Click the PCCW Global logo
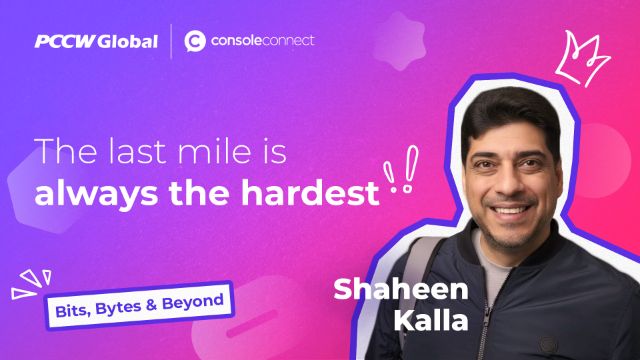pos(96,41)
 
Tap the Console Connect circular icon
pos(195,41)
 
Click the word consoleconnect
pos(262,40)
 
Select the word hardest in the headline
pos(310,192)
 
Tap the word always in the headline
pos(96,194)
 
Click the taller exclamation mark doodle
pos(410,169)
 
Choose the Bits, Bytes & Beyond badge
pos(139,305)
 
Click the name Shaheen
pos(401,289)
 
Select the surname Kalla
pos(431,320)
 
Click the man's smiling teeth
pos(511,211)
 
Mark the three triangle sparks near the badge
pos(31,284)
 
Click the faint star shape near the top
pos(400,41)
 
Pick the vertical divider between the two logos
pos(171,41)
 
